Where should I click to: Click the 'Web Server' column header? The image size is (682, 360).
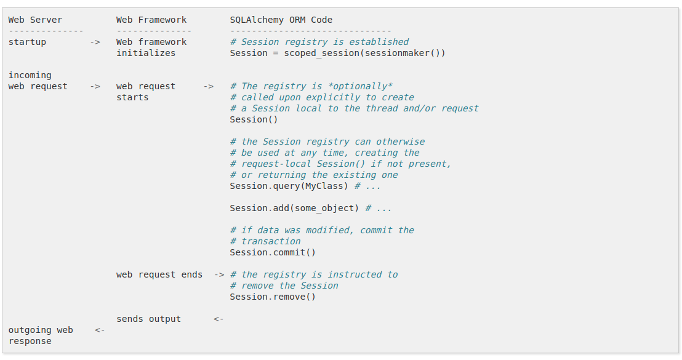(x=35, y=20)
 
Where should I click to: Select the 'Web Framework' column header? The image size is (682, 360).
(x=151, y=20)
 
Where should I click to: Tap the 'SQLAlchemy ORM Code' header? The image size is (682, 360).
(x=281, y=20)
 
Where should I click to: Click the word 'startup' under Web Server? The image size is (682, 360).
(x=27, y=42)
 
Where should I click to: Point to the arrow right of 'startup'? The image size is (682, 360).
(x=95, y=42)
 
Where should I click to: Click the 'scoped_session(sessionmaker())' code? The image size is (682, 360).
(x=364, y=53)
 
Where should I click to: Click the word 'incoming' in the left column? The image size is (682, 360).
(x=30, y=75)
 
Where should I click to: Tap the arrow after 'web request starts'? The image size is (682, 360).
(x=209, y=86)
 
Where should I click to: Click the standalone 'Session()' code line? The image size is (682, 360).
(x=254, y=119)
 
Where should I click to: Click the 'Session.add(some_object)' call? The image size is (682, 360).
(x=294, y=208)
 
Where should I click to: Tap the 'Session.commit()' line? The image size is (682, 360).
(x=273, y=252)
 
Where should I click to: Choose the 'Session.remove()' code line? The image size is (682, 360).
(x=273, y=297)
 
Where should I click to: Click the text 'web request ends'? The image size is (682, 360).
(x=159, y=274)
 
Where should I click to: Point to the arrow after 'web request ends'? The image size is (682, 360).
(x=219, y=274)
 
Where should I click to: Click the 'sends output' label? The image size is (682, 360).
(x=148, y=319)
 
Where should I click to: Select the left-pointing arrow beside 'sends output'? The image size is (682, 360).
(x=219, y=319)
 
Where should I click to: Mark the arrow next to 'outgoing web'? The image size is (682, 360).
(x=100, y=330)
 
